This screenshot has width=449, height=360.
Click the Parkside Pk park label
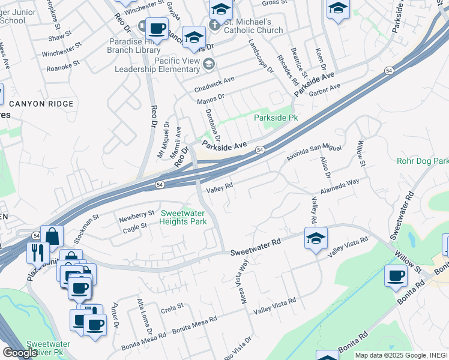(x=276, y=118)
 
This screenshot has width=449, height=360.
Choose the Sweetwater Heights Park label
(x=183, y=217)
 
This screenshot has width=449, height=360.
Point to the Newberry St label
(x=137, y=215)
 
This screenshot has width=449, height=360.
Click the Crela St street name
(x=172, y=309)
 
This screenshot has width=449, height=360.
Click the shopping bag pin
(x=52, y=236)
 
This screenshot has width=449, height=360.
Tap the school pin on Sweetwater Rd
(x=316, y=239)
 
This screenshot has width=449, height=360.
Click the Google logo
(x=20, y=352)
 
